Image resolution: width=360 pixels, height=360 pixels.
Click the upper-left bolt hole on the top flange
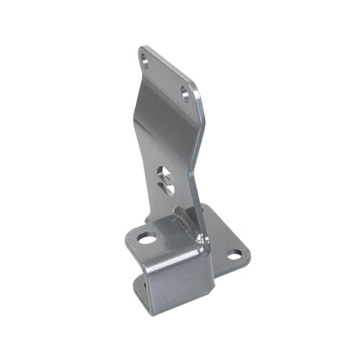pos(145,61)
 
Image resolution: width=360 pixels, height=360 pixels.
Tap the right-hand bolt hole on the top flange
pos(185,93)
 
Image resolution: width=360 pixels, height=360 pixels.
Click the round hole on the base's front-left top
pos(146,238)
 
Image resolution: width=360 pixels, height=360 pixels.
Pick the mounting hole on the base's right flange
pos(234,254)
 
